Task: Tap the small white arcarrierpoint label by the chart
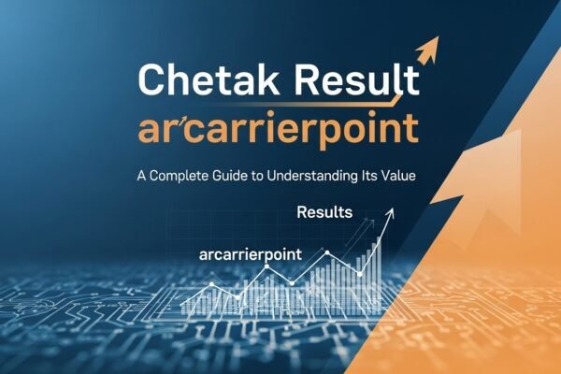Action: tap(247, 253)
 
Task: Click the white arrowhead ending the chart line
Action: tap(392, 212)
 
